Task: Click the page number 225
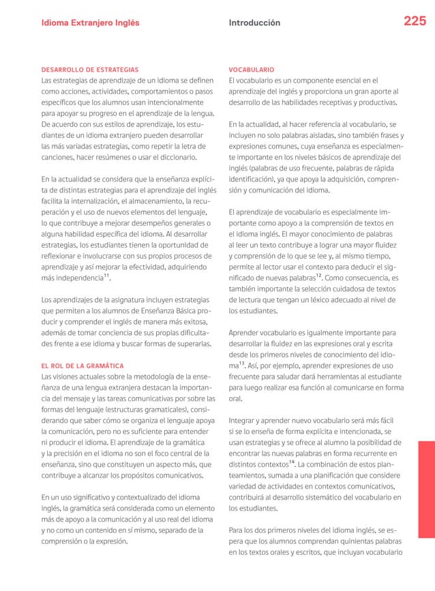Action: (415, 22)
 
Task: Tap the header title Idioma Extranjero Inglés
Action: (90, 23)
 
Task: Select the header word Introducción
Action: (254, 23)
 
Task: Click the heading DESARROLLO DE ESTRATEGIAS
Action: (90, 70)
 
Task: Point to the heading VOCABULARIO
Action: (252, 70)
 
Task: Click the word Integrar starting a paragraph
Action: (245, 420)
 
